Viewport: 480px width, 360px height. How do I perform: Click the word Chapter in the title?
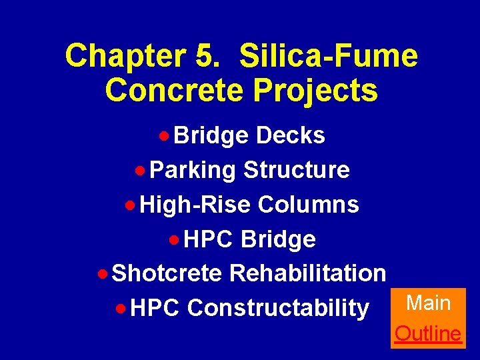(124, 56)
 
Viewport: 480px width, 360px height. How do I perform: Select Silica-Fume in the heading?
(329, 56)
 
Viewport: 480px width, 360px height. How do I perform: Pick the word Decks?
(291, 135)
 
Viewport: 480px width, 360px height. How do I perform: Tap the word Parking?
(193, 170)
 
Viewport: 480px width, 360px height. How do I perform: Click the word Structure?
(297, 170)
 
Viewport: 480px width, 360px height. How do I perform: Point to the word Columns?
(308, 205)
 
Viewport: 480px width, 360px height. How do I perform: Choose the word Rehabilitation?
(307, 273)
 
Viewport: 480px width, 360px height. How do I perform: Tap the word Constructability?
(278, 308)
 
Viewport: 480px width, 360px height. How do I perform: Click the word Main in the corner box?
(429, 303)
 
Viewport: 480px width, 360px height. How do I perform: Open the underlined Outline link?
(428, 333)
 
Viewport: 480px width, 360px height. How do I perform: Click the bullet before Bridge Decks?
(163, 136)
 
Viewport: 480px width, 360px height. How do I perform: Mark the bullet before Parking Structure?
(139, 171)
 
